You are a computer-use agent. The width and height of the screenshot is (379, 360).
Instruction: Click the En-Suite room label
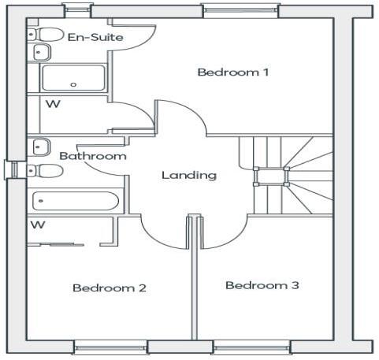click(88, 37)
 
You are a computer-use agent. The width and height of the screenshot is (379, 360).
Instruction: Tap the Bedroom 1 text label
click(233, 72)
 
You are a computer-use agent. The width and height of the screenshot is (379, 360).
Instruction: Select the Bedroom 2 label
click(110, 288)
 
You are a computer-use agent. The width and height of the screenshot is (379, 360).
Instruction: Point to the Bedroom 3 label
click(262, 285)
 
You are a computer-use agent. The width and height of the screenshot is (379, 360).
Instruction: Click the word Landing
click(188, 175)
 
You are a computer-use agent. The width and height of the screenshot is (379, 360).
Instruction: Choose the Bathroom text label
click(93, 156)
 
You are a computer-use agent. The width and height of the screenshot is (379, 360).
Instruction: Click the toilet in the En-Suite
click(48, 35)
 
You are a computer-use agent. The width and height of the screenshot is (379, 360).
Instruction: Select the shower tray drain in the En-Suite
click(74, 84)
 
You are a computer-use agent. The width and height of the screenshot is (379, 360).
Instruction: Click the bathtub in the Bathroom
click(75, 201)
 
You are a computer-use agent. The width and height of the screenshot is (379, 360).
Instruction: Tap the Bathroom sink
click(39, 147)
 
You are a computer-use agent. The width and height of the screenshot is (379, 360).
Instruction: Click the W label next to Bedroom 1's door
click(52, 103)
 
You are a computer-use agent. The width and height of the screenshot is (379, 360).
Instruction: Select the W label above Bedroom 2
click(37, 225)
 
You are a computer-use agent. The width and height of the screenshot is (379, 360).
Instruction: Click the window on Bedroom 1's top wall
click(240, 10)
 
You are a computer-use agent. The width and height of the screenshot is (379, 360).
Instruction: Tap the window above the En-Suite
click(77, 10)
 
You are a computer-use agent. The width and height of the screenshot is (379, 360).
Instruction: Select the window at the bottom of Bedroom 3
click(242, 347)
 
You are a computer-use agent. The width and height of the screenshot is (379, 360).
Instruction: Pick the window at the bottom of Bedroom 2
click(110, 347)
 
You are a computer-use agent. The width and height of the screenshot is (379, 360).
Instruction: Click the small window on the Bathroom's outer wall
click(10, 169)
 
